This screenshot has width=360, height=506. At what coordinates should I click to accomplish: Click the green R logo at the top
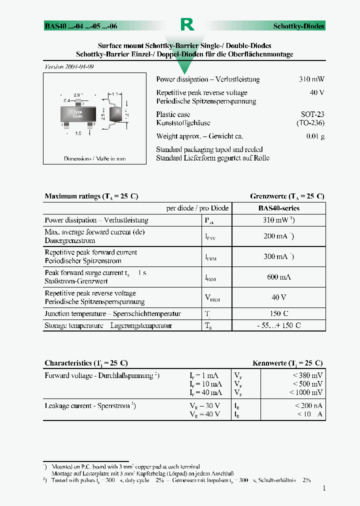tap(186, 24)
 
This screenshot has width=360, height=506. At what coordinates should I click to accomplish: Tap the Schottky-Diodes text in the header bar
tap(298, 26)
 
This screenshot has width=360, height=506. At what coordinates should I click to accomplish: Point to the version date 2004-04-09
tap(69, 67)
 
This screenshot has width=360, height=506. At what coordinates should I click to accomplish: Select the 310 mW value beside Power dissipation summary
tap(311, 79)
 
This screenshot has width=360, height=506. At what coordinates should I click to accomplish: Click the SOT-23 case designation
tap(312, 114)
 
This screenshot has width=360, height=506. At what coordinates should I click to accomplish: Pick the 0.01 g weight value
tap(315, 136)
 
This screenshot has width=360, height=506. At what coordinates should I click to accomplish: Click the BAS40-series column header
tap(278, 208)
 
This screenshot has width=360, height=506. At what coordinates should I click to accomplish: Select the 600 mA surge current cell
tap(278, 277)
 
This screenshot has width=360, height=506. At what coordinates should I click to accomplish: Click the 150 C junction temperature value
tap(278, 313)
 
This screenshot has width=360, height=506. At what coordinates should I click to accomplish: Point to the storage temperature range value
tap(278, 325)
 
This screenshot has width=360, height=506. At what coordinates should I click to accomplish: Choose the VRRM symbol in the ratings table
tap(212, 298)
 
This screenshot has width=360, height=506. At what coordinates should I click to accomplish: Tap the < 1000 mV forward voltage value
tap(306, 392)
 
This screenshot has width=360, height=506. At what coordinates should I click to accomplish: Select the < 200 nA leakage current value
tap(308, 406)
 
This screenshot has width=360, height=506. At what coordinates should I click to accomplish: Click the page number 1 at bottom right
tap(323, 488)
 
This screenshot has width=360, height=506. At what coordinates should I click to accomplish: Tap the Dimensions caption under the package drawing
tap(94, 158)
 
